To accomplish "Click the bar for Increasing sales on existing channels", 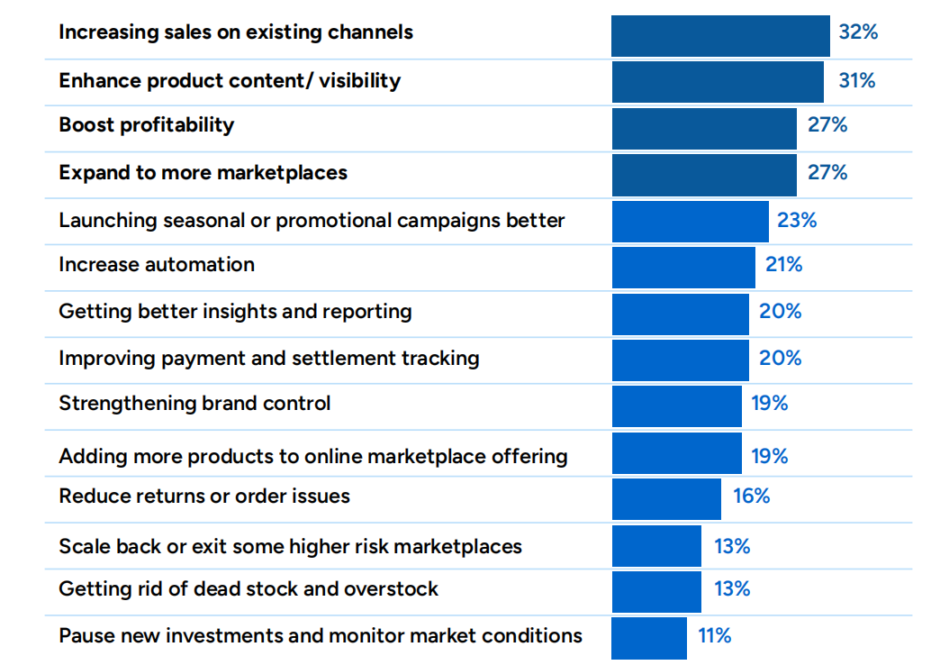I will [x=720, y=36].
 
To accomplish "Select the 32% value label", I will [x=857, y=32].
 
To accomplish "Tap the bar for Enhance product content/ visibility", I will [x=718, y=81].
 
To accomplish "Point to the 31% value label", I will [x=856, y=81].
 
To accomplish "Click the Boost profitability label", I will [x=146, y=125].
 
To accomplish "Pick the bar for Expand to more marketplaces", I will [x=704, y=174].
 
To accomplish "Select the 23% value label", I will [x=797, y=221].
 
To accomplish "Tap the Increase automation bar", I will [x=683, y=267].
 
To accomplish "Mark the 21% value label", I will [x=782, y=265].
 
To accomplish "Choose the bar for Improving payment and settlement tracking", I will [x=680, y=360].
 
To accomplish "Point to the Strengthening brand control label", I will [x=194, y=404].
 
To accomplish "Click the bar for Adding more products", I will [x=676, y=453].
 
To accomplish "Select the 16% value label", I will [x=751, y=496].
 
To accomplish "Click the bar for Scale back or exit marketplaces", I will [x=656, y=546].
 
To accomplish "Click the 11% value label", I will [x=714, y=635].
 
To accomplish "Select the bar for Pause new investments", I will [x=649, y=638].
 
